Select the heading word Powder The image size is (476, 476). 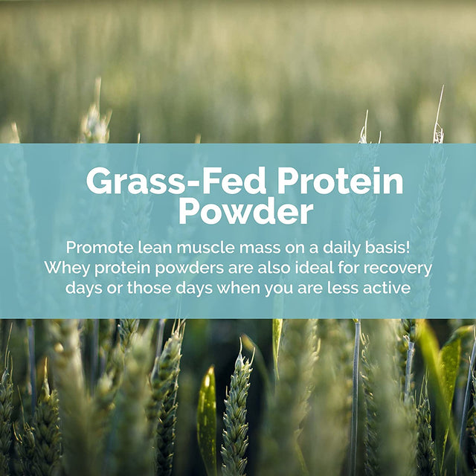(x=245, y=212)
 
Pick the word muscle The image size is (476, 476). (x=194, y=247)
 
